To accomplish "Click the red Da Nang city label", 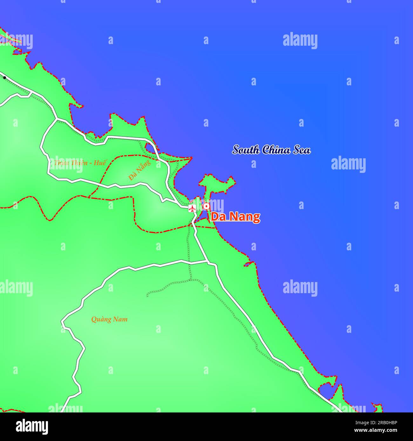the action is point(235,217).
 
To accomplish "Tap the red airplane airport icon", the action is point(192,208).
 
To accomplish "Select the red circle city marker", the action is point(207,207).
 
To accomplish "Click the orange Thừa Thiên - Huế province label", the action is point(80,162).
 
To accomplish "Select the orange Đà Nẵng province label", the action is point(139,170).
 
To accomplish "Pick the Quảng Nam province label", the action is point(109,319).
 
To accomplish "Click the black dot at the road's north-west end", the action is point(4,77).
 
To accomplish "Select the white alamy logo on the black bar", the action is point(32,426).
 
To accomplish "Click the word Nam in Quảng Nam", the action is point(120,319).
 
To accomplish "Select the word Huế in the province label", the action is point(100,162).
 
